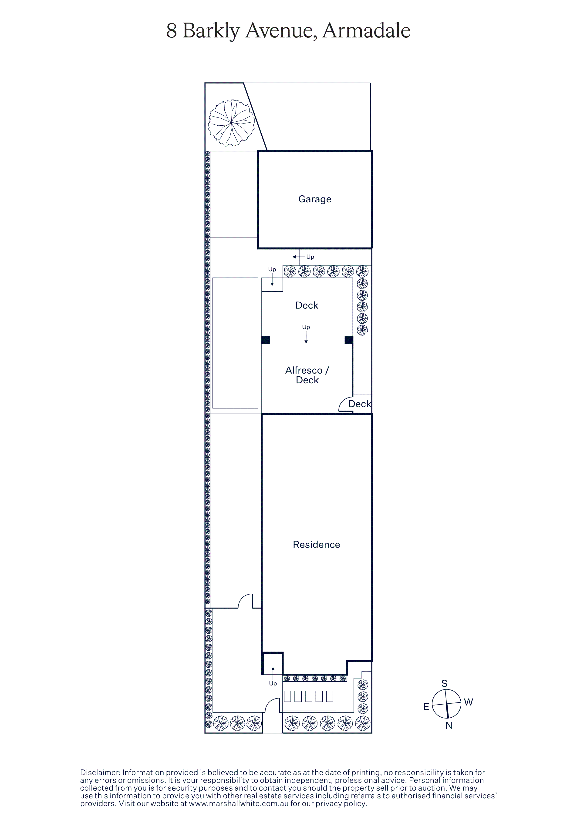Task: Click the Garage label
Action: pyautogui.click(x=315, y=199)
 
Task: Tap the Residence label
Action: pyautogui.click(x=316, y=545)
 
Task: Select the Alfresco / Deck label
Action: pyautogui.click(x=307, y=375)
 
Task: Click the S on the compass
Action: pyautogui.click(x=444, y=683)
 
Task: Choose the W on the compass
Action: pyautogui.click(x=469, y=702)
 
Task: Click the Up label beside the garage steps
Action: pyautogui.click(x=310, y=257)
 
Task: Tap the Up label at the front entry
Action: pyautogui.click(x=273, y=683)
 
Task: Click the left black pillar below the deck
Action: pyautogui.click(x=266, y=340)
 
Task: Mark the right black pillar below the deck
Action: pyautogui.click(x=349, y=340)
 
